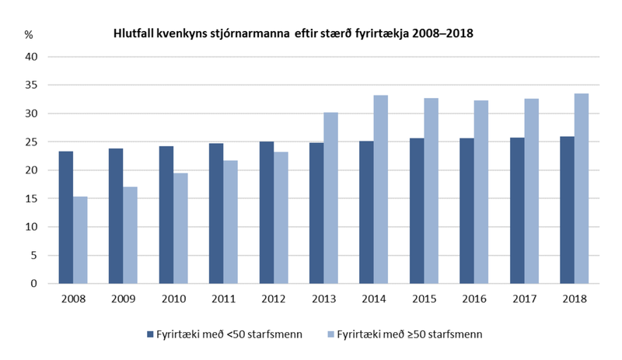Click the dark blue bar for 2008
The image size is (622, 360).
(x=66, y=218)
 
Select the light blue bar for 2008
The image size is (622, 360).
(x=80, y=240)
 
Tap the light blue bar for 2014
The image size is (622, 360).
(x=379, y=190)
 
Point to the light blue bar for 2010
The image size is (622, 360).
(x=180, y=229)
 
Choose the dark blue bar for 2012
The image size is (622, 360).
(x=266, y=212)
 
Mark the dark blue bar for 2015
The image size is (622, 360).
(x=416, y=211)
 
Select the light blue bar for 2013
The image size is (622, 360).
(x=330, y=198)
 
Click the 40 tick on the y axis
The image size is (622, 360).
(x=31, y=57)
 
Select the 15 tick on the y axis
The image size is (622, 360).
(x=31, y=199)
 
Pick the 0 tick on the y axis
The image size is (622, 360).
(x=34, y=284)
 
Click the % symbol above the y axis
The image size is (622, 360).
(x=29, y=35)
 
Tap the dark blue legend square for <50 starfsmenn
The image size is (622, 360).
(x=150, y=334)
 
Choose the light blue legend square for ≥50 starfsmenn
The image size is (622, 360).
(x=329, y=334)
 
